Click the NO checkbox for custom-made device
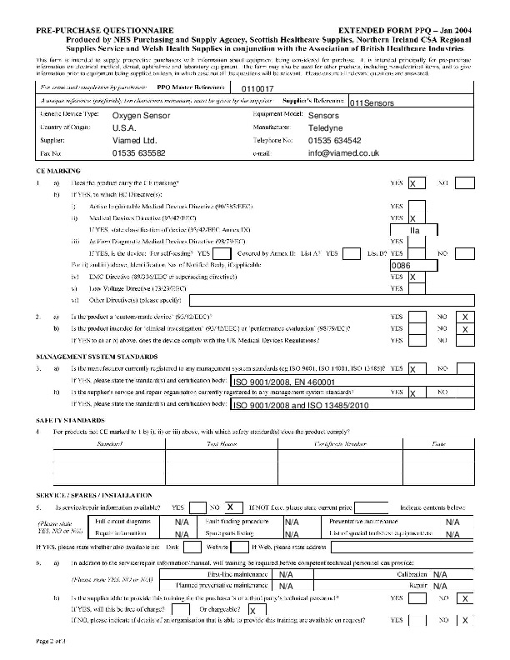pyautogui.click(x=465, y=317)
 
